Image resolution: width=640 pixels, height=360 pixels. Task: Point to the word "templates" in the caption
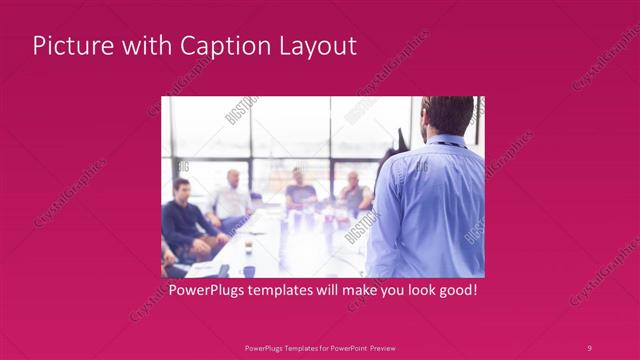[286, 291]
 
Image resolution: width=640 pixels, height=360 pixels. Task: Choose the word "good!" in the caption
[454, 291]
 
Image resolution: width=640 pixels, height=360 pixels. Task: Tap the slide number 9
[589, 347]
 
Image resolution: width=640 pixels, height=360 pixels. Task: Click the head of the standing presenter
[447, 115]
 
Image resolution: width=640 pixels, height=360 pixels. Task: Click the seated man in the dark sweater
[185, 220]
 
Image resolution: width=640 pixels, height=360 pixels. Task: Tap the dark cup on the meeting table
[249, 270]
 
